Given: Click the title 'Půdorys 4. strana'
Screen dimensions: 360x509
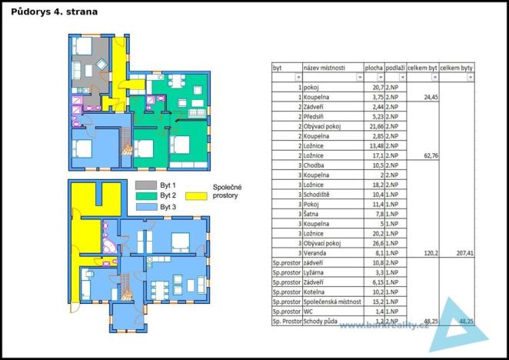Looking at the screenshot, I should point(55,12).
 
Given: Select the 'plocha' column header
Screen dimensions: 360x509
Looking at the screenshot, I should point(374,68).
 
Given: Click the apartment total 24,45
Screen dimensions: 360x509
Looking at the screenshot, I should point(427,98).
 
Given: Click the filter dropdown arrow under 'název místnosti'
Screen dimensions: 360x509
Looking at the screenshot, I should point(359,78).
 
